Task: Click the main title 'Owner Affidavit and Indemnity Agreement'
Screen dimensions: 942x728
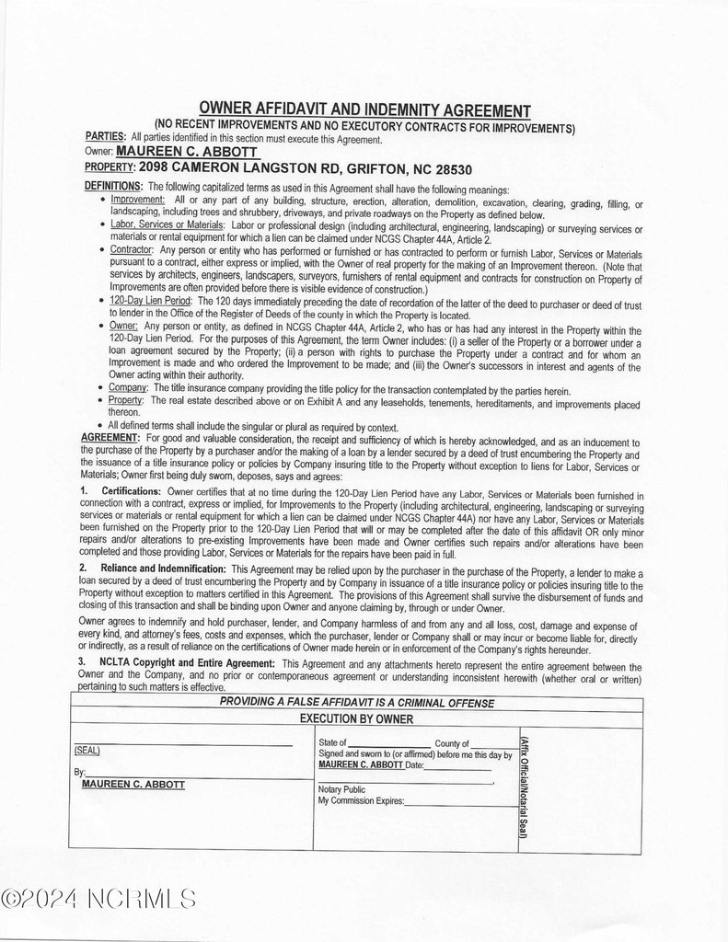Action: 364,110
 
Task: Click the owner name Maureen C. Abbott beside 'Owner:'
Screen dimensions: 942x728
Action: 187,151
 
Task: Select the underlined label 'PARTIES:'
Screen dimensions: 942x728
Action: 105,137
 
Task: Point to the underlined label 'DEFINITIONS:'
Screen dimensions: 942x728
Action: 112,187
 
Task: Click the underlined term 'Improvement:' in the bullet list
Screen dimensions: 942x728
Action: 137,200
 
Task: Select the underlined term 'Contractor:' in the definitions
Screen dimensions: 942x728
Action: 133,250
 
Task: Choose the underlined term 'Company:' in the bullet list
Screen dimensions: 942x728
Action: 127,390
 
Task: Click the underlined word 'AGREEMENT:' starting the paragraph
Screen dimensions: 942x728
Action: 110,438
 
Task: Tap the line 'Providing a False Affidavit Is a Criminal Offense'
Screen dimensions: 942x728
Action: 356,703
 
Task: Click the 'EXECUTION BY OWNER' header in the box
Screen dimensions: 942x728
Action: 356,718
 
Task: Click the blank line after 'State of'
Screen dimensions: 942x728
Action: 388,743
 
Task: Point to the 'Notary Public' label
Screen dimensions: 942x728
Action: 341,789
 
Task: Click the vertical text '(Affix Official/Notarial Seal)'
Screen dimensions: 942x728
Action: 523,787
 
